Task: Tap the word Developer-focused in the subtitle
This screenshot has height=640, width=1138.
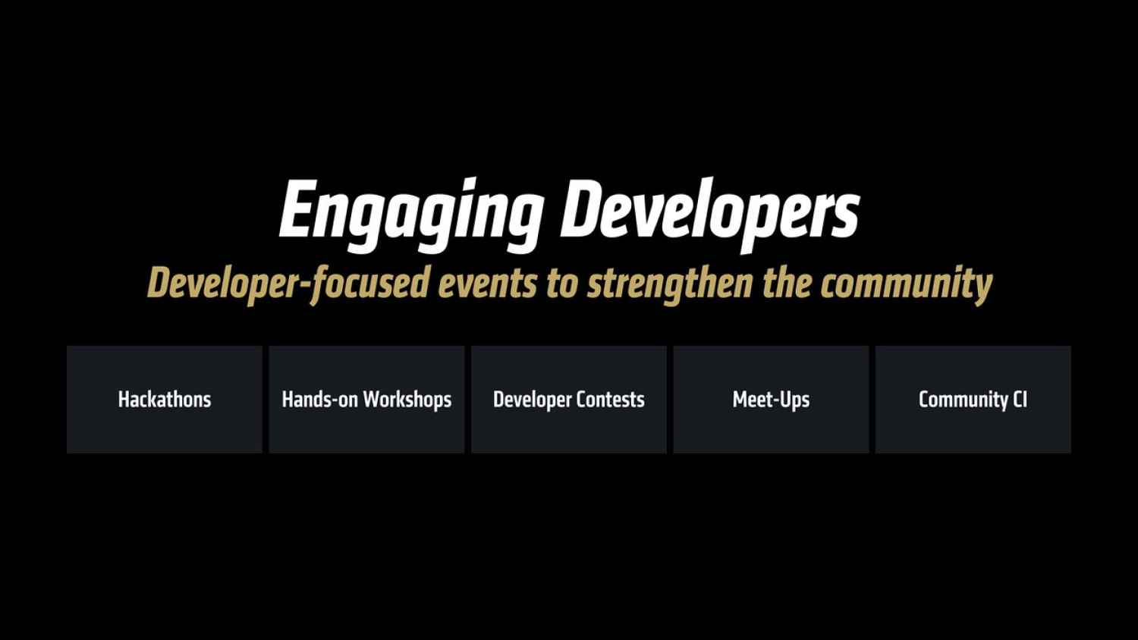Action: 288,284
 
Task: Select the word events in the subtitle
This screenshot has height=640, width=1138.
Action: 487,284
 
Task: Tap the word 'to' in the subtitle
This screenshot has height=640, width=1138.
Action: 562,284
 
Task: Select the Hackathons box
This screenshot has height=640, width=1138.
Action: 165,400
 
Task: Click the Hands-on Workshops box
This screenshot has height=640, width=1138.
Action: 366,400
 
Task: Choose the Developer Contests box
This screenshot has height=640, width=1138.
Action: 569,400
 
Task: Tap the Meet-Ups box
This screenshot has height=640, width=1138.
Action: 772,400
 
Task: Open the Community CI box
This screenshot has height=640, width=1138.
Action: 973,400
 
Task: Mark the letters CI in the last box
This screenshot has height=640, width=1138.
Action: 1020,400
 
